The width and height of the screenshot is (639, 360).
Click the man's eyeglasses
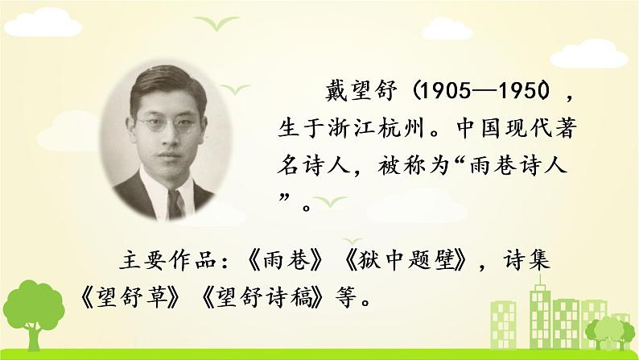(x=167, y=125)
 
